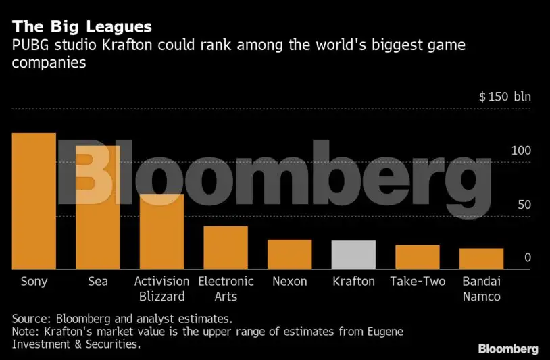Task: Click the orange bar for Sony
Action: pyautogui.click(x=34, y=201)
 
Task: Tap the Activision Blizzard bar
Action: pyautogui.click(x=161, y=232)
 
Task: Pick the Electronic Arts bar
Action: pyautogui.click(x=226, y=248)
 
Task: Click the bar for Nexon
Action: pyautogui.click(x=289, y=255)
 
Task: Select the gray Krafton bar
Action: pyautogui.click(x=353, y=255)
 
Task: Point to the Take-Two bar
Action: pyautogui.click(x=418, y=257)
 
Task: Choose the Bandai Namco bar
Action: pyautogui.click(x=481, y=259)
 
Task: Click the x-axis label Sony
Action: pyautogui.click(x=34, y=281)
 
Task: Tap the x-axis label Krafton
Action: pyautogui.click(x=353, y=281)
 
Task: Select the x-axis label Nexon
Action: pyautogui.click(x=289, y=281)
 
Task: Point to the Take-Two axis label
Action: pyautogui.click(x=418, y=281)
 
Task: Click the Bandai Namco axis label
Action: pyautogui.click(x=481, y=288)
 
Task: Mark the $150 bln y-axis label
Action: pyautogui.click(x=505, y=97)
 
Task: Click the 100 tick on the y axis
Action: pyautogui.click(x=521, y=151)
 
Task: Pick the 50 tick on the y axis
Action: pyautogui.click(x=524, y=205)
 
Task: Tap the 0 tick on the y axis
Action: pyautogui.click(x=528, y=258)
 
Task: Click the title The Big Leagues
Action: pyautogui.click(x=80, y=27)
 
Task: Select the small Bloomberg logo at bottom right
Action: pyautogui.click(x=508, y=349)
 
